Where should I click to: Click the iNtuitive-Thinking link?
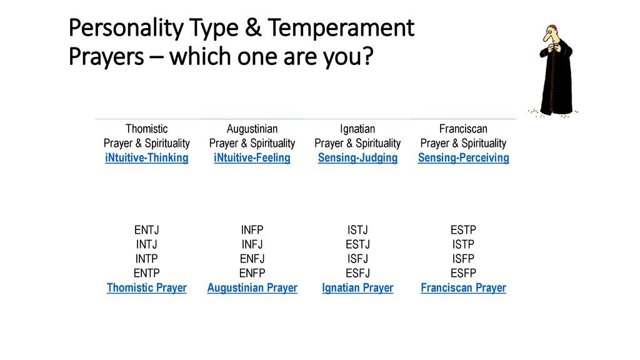click(146, 158)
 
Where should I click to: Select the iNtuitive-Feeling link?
click(252, 158)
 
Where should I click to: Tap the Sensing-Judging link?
click(357, 158)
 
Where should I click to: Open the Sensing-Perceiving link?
click(463, 158)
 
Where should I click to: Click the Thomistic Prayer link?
click(146, 287)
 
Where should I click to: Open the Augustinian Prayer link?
click(252, 287)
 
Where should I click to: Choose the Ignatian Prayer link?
click(357, 287)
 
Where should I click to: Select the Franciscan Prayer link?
click(463, 287)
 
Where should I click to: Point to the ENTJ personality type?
click(146, 230)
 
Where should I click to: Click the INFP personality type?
click(252, 230)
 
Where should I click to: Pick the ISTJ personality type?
click(357, 230)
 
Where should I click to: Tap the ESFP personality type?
click(463, 273)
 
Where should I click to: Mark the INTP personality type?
click(146, 259)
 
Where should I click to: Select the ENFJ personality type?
click(252, 259)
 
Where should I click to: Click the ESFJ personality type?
click(357, 273)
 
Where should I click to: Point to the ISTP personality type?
click(463, 244)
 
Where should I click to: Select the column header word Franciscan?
click(463, 129)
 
